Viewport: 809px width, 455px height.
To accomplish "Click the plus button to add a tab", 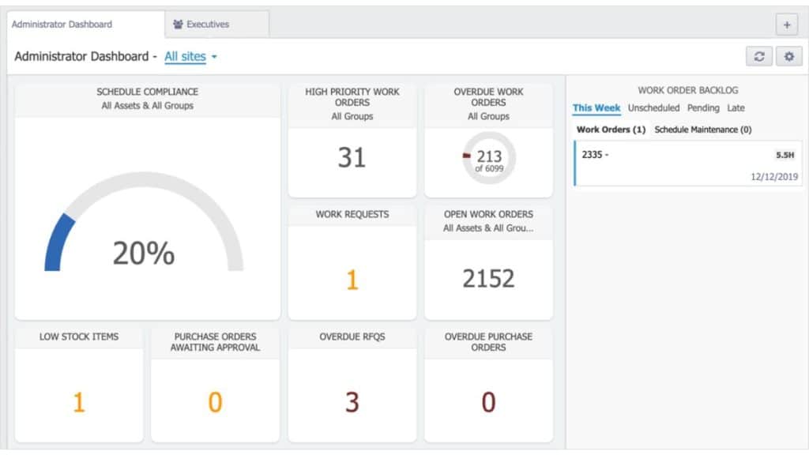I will click(x=787, y=24).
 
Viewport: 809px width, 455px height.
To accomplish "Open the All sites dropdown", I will click(x=190, y=57).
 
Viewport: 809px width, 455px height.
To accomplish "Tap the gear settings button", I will click(x=788, y=57).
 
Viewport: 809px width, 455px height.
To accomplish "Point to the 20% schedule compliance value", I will click(x=143, y=253).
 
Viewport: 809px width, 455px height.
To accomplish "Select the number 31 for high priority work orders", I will click(x=352, y=157).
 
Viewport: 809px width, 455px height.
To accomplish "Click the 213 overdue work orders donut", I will click(x=489, y=159).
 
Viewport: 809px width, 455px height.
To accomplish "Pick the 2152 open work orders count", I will click(x=488, y=278).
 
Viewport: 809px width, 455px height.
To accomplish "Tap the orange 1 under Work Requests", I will click(x=352, y=280).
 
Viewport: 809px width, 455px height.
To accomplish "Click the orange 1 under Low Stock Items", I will click(x=79, y=403).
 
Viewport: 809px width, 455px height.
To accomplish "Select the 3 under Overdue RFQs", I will click(x=352, y=402).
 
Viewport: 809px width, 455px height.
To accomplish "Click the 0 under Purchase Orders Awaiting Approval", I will click(x=215, y=403).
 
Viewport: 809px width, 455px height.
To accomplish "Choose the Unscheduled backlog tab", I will click(x=653, y=108).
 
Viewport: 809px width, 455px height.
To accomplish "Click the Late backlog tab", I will click(x=736, y=108).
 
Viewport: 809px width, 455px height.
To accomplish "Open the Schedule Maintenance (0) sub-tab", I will click(x=703, y=130).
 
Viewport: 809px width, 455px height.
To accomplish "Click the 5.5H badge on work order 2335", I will click(x=785, y=156).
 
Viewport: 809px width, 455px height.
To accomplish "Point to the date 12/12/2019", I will click(x=775, y=177).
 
